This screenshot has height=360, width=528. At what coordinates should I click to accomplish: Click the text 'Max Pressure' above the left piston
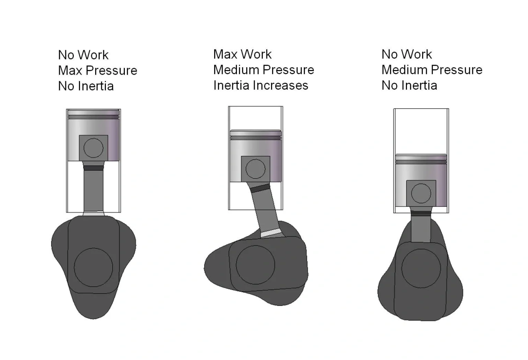click(97, 70)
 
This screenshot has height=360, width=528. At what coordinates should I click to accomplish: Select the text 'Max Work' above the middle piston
click(242, 54)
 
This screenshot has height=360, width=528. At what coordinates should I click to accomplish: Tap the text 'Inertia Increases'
click(261, 85)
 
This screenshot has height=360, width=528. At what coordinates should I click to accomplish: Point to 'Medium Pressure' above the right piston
click(432, 70)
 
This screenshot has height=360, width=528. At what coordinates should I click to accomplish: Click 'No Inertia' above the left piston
click(86, 86)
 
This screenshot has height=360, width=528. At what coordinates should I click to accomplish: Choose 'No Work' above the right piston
click(407, 54)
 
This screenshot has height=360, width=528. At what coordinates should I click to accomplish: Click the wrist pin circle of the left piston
click(93, 148)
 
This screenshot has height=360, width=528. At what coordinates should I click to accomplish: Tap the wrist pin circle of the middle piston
click(255, 169)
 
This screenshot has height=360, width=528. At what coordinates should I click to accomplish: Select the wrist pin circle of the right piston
click(421, 193)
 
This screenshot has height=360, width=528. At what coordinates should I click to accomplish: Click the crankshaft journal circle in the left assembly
click(93, 267)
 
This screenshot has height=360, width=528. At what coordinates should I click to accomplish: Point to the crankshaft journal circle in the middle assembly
click(255, 264)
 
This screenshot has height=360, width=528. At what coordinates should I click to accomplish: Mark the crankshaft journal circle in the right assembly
click(421, 268)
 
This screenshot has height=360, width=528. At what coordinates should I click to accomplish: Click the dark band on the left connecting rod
click(93, 168)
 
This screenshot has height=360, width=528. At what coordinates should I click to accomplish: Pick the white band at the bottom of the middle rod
click(270, 233)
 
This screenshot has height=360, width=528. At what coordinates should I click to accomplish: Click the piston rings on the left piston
click(93, 116)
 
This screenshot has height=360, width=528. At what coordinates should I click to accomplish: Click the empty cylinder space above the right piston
click(421, 131)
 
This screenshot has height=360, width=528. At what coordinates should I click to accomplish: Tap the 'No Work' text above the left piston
click(83, 55)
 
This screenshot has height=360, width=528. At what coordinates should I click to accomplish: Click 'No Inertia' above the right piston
click(409, 85)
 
